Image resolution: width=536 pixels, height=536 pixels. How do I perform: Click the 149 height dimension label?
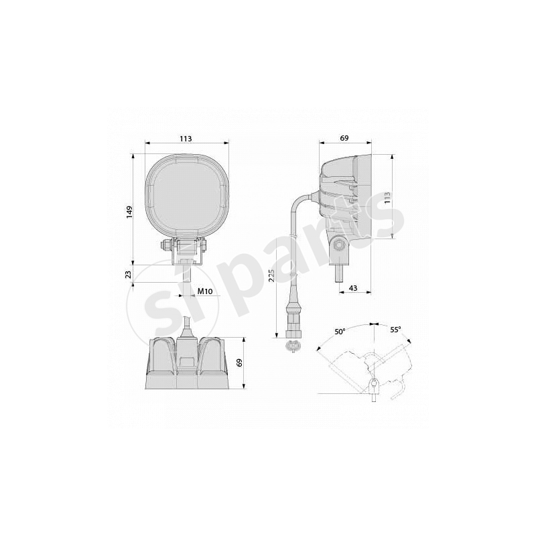click(129, 212)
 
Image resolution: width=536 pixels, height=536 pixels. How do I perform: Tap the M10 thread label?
click(205, 291)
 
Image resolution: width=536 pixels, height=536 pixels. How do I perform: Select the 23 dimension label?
click(128, 275)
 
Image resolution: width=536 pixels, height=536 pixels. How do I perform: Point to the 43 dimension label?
click(353, 288)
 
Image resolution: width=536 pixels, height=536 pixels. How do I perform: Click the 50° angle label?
click(340, 331)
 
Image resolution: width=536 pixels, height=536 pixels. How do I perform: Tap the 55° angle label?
click(395, 330)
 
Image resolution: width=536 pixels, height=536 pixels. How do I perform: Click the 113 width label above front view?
click(186, 139)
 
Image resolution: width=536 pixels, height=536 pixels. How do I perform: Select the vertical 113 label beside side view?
click(387, 198)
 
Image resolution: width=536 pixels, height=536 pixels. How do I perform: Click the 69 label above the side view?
click(344, 138)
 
